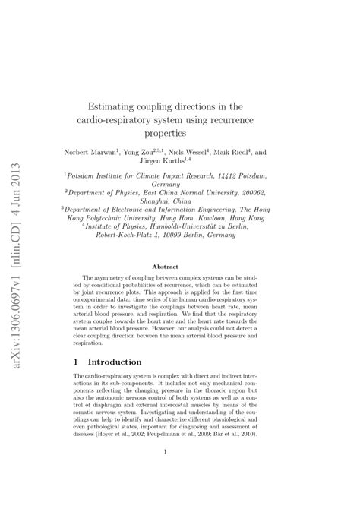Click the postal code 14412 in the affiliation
pyautogui.click(x=240, y=175)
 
